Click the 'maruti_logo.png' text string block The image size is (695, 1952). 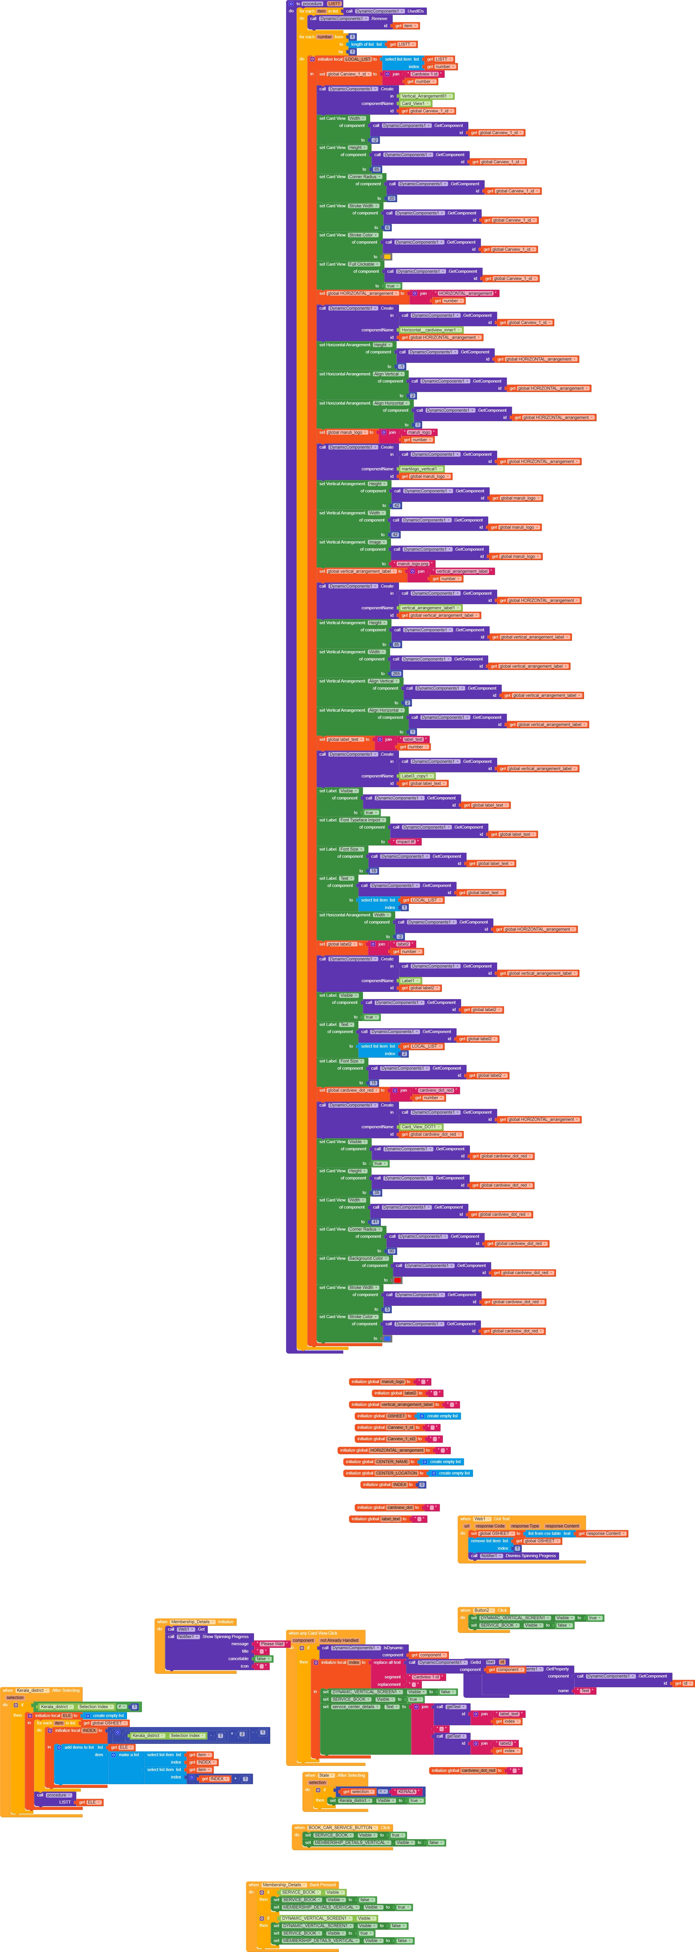tap(413, 564)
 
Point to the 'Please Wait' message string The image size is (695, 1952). tap(271, 1643)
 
